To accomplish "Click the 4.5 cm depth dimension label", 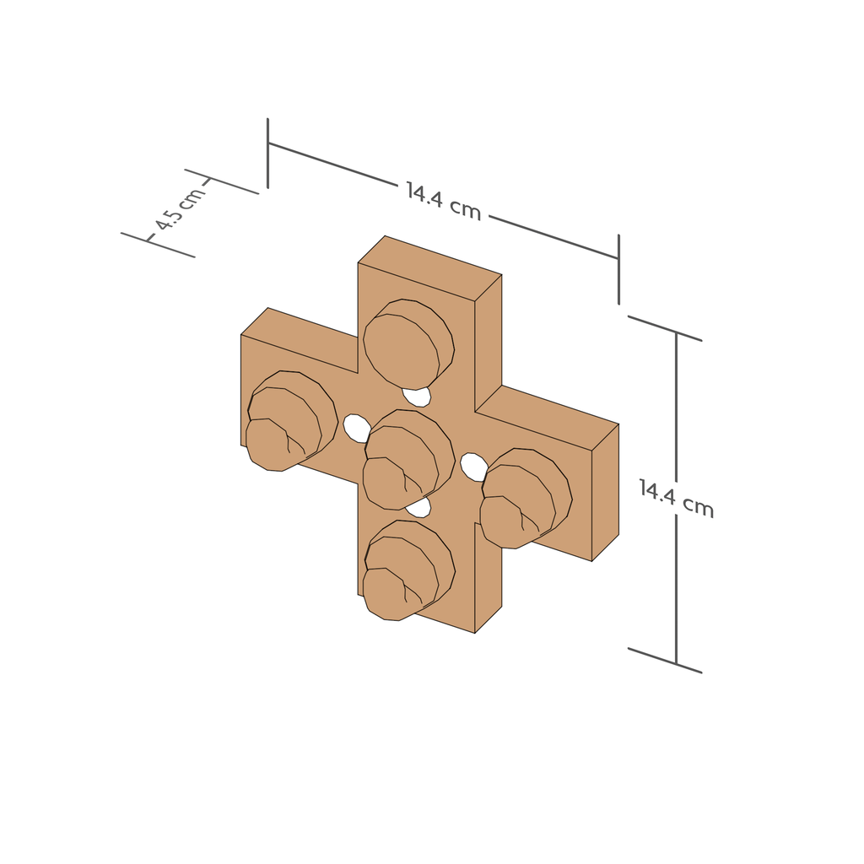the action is click(180, 208).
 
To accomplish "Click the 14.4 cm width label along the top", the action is click(444, 201).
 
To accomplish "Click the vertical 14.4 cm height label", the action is click(676, 498).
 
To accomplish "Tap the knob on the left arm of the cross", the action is click(291, 421).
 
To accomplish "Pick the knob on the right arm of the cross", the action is click(526, 498).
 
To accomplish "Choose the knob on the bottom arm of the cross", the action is click(408, 570).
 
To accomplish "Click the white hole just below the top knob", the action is click(416, 397).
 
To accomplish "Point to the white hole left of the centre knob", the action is click(356, 428).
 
